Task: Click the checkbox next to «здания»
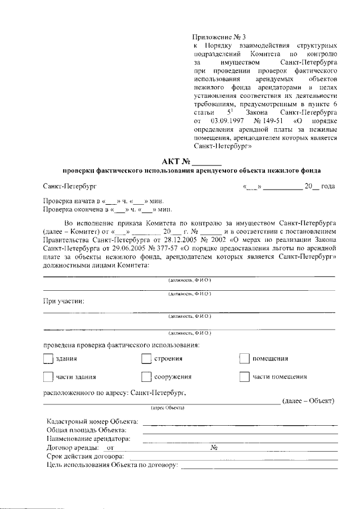coord(48,359)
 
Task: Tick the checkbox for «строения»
coord(146,359)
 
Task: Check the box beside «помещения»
coord(244,359)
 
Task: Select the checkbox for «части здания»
coord(48,377)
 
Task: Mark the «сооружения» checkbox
coord(146,377)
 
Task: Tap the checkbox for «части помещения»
coord(244,377)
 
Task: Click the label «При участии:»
coord(64,301)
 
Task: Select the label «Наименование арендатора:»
coord(89,438)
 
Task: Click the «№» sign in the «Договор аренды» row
coord(214,448)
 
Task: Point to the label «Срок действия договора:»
coord(84,456)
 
